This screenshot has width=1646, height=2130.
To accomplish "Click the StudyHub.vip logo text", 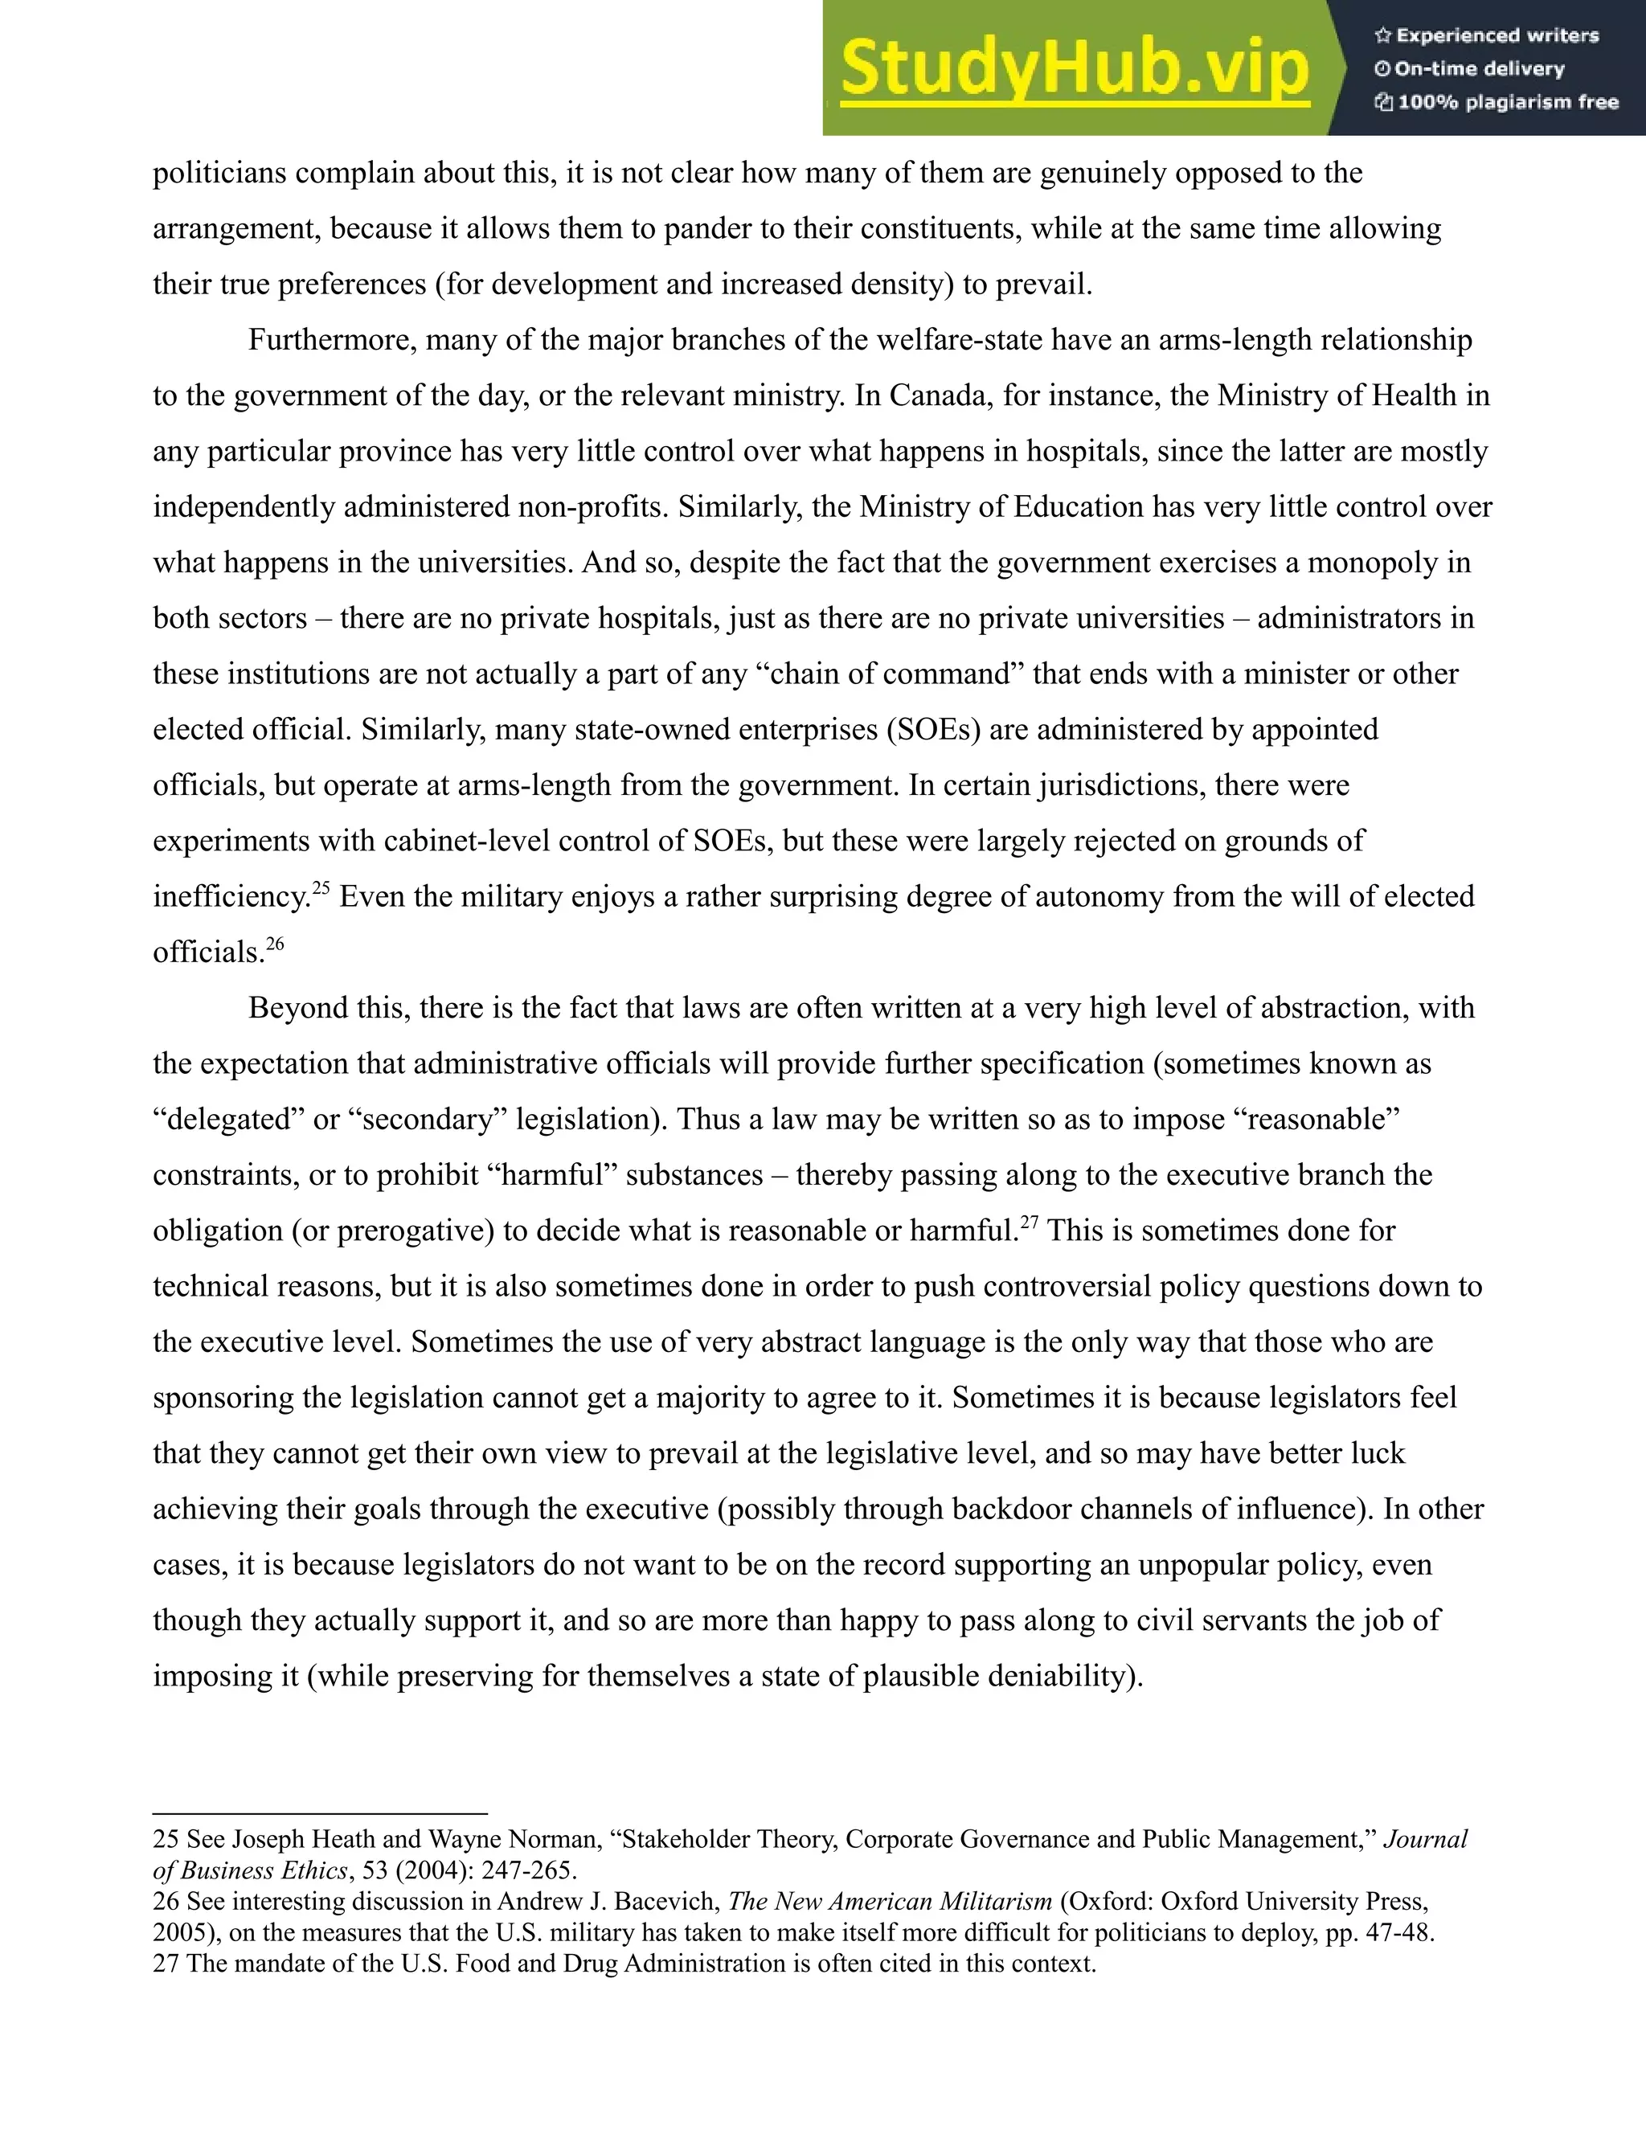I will [1074, 68].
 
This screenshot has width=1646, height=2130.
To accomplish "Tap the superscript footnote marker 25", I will [321, 887].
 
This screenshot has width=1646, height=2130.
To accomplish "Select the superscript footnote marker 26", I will [275, 943].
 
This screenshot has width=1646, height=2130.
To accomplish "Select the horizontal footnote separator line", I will [320, 1813].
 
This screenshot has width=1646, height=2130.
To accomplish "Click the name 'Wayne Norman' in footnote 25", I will [513, 1839].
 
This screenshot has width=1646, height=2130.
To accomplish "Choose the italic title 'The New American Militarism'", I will [890, 1902].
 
